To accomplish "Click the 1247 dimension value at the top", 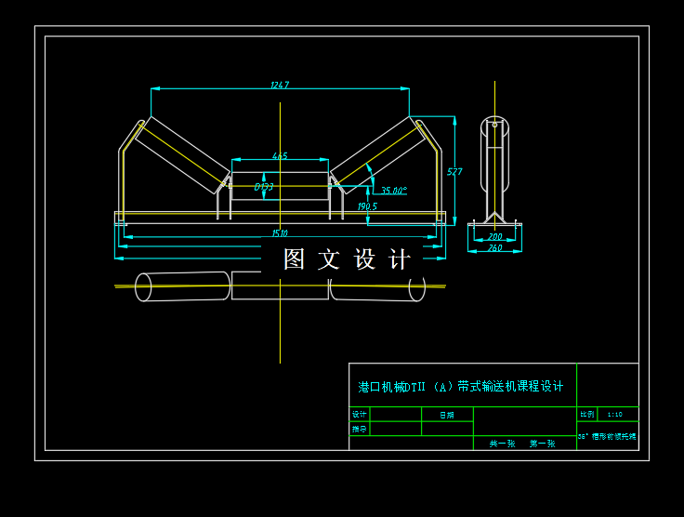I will click(x=280, y=85).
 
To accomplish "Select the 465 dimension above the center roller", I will click(x=280, y=156).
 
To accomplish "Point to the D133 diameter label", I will click(x=264, y=187).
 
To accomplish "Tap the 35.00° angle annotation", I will click(x=394, y=191).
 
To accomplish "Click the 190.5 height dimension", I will click(x=367, y=206).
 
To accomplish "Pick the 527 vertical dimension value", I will click(x=454, y=172).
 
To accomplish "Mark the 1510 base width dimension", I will click(x=280, y=233).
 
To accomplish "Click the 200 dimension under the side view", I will click(x=494, y=237).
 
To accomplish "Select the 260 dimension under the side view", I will click(x=494, y=248).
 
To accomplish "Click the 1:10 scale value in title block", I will click(x=614, y=414).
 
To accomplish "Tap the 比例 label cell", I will click(x=586, y=414).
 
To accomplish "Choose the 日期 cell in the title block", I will click(x=446, y=415).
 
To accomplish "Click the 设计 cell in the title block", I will click(x=360, y=415).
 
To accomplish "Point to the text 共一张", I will click(x=503, y=444).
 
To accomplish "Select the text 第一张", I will click(x=542, y=444).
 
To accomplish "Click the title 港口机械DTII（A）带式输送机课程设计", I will click(x=461, y=387).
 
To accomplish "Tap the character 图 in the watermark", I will click(x=294, y=259).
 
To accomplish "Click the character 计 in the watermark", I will click(x=399, y=259).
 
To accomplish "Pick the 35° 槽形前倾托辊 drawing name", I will click(x=608, y=436).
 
